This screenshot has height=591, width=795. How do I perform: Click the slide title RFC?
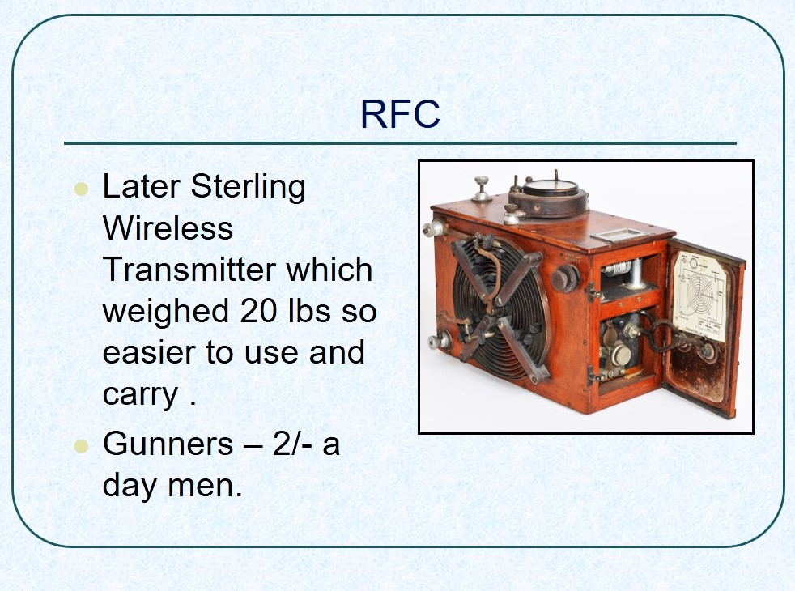point(400,114)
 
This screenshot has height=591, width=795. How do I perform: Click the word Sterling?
point(248,189)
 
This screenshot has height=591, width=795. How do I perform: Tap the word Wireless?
point(168,227)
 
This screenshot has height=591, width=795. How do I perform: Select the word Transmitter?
point(189,269)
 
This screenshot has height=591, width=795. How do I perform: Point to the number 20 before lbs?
point(258,311)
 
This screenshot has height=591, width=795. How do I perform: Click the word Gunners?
point(168,444)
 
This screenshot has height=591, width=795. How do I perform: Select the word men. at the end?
point(205,486)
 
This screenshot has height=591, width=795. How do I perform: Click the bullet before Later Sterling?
point(81,189)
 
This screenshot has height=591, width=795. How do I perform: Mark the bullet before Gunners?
point(81,446)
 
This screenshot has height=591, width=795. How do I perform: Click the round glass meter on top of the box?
point(549,194)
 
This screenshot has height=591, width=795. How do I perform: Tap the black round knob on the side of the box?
point(564,278)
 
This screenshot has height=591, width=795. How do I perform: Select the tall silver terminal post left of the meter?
point(481,189)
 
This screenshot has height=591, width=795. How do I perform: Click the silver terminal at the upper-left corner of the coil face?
point(435,228)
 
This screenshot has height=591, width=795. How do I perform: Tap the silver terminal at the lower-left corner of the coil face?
point(439,340)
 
